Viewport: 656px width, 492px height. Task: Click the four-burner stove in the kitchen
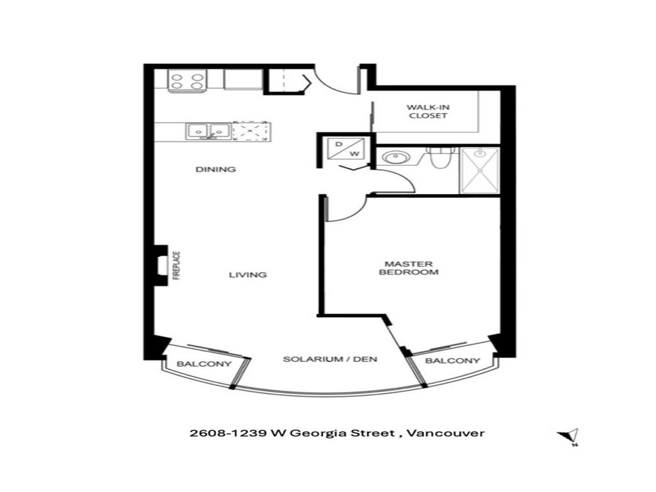point(186,81)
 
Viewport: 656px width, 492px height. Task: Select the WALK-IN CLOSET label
point(426,111)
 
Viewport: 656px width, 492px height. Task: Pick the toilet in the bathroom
point(441,157)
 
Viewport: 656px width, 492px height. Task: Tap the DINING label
point(216,170)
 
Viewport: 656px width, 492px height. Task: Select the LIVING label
point(248,275)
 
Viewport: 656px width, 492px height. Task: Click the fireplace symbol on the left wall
point(161,265)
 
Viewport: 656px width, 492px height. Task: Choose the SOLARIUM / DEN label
point(330,359)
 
